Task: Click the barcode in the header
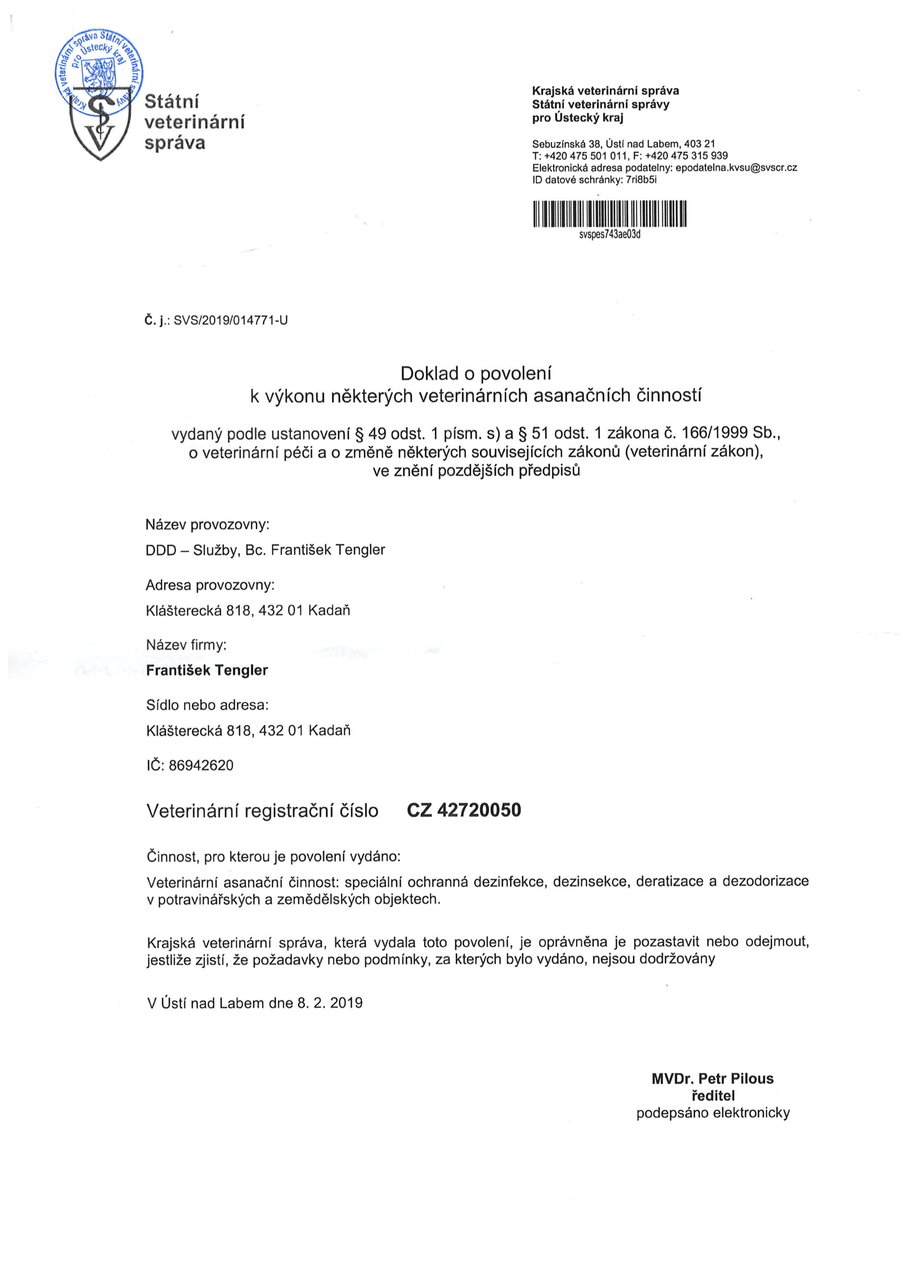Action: coord(609,214)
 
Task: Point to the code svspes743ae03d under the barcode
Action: coord(609,235)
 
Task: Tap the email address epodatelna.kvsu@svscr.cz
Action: coord(736,168)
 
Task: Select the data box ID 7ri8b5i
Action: coord(641,180)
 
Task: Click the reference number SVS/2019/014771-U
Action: coord(231,321)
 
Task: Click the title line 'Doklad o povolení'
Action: coord(476,373)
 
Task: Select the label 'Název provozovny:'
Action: coord(207,524)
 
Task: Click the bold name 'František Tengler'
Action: coord(207,670)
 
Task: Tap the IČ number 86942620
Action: coord(201,765)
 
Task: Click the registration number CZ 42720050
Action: coord(464,811)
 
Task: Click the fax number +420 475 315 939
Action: coord(686,156)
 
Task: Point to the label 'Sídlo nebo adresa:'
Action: coord(207,705)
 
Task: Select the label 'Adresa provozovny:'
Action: coord(210,585)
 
